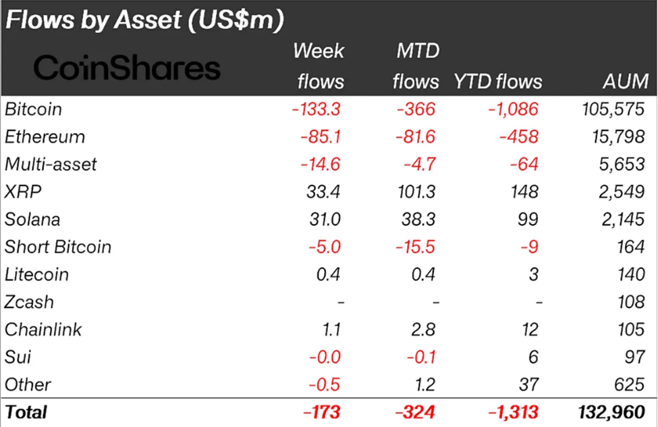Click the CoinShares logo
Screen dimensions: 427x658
pyautogui.click(x=128, y=68)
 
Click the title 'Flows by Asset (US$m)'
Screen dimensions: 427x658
pyautogui.click(x=144, y=20)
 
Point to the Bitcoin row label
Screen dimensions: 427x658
pyautogui.click(x=33, y=109)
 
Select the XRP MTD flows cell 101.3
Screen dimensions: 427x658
pyautogui.click(x=416, y=192)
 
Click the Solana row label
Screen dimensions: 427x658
pyautogui.click(x=32, y=220)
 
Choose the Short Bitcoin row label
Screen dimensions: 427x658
pyautogui.click(x=58, y=247)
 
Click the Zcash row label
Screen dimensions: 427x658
pyautogui.click(x=29, y=302)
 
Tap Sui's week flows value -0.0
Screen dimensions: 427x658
pyautogui.click(x=325, y=357)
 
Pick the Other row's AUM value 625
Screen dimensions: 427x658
pyautogui.click(x=630, y=385)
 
